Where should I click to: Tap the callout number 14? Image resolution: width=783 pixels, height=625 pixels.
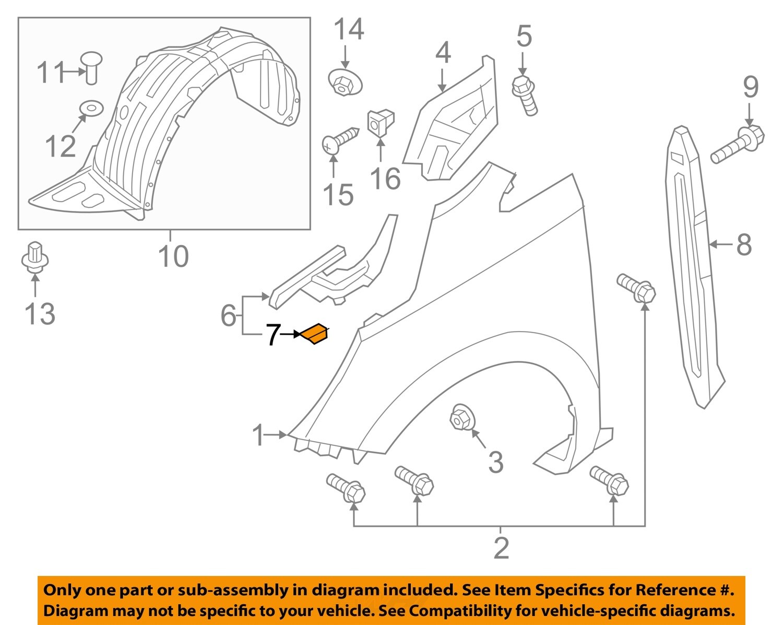348,30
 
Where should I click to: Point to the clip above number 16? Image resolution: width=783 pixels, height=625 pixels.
382,123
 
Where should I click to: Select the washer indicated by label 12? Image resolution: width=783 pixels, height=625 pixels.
91,109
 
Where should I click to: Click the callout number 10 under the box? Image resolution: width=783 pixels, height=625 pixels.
173,256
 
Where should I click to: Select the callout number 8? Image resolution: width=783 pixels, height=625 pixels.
744,244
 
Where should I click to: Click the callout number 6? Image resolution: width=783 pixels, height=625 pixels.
229,315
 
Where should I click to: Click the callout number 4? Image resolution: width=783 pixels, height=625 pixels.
443,53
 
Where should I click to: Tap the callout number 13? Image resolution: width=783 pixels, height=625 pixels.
40,314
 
